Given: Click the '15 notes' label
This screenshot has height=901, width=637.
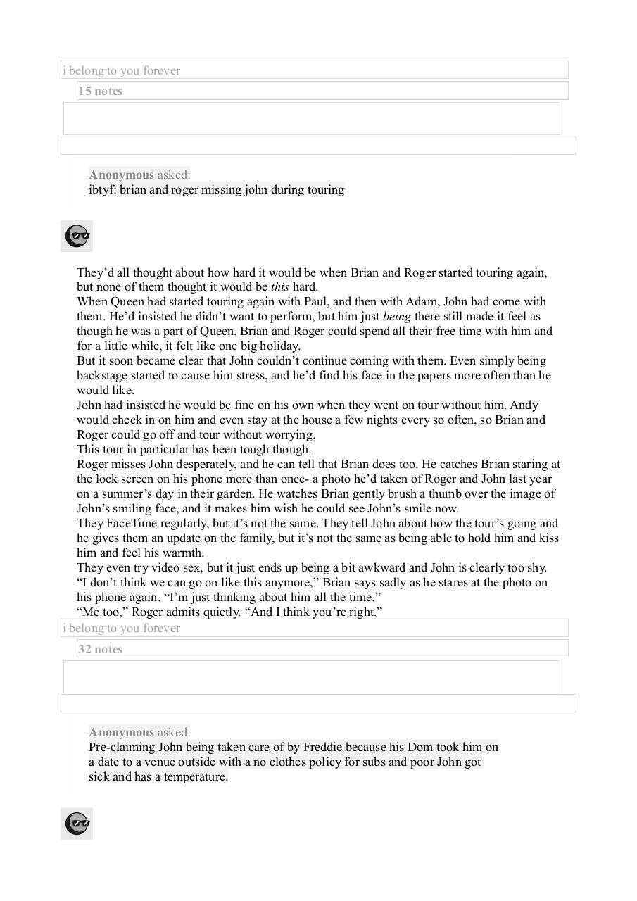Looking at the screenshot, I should tap(100, 91).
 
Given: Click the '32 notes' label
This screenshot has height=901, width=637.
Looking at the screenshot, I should tap(100, 649).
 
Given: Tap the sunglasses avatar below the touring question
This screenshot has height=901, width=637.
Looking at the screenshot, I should tap(77, 237).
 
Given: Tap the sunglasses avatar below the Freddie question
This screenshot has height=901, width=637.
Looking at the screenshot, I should tap(77, 824).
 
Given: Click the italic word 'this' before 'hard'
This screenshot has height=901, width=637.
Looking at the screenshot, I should tap(279, 286).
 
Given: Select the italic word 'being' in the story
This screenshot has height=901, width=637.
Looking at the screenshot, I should tap(396, 316).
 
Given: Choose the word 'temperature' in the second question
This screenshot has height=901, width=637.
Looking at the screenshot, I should tap(195, 776).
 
